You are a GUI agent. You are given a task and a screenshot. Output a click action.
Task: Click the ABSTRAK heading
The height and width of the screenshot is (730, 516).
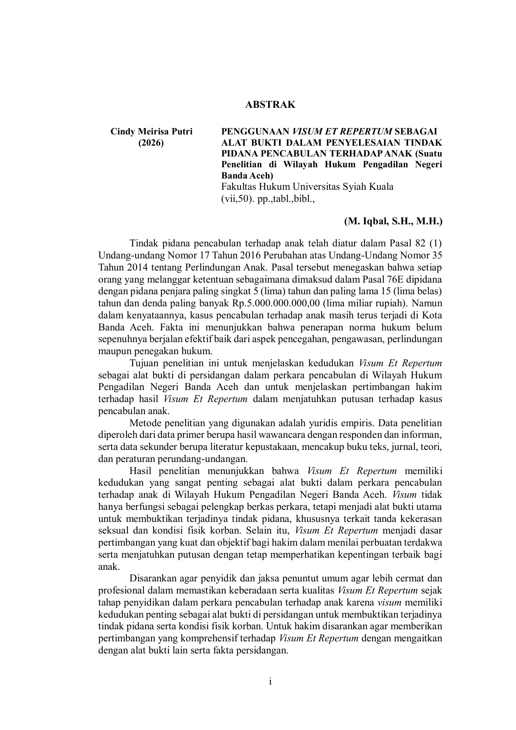pyautogui.click(x=270, y=105)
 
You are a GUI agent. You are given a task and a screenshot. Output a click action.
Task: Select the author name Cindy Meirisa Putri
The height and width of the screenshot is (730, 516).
pyautogui.click(x=151, y=132)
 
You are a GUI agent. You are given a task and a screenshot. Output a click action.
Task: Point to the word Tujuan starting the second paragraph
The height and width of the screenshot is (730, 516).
pyautogui.click(x=144, y=363)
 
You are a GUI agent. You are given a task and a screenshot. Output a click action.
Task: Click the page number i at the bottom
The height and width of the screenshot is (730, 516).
pyautogui.click(x=270, y=682)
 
